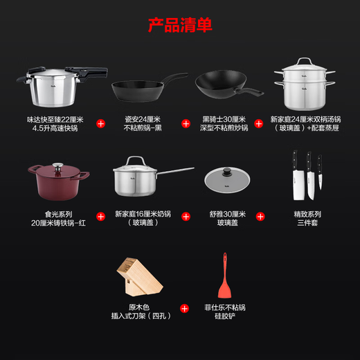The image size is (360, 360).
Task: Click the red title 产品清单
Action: (179, 26)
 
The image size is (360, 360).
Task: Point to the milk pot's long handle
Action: (177, 170)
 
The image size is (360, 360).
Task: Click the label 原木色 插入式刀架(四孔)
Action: (143, 311)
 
